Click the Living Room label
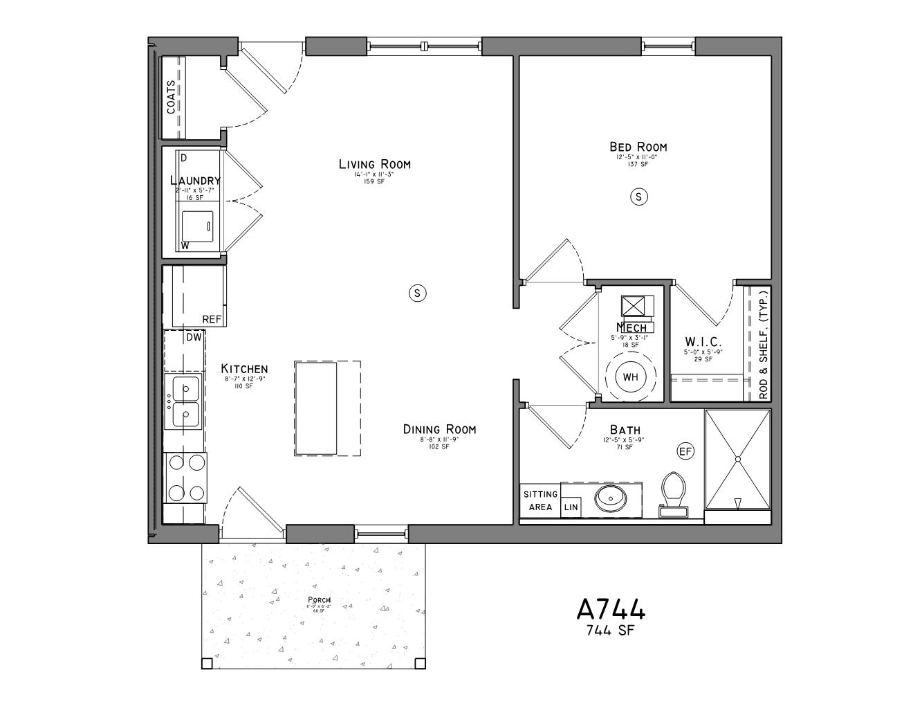tap(374, 164)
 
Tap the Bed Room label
tap(638, 147)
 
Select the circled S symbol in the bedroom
tap(638, 197)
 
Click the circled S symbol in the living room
tap(416, 293)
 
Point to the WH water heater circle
tap(630, 377)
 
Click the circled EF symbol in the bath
tap(685, 451)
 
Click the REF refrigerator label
tap(212, 319)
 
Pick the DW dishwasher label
tap(194, 337)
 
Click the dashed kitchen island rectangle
tap(327, 408)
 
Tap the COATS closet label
tap(171, 97)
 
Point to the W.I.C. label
tap(703, 342)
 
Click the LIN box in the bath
tap(571, 507)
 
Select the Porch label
tap(319, 599)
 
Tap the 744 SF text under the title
tap(610, 631)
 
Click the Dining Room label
tap(439, 430)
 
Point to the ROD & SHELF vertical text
tap(763, 345)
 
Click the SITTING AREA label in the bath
tap(540, 500)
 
